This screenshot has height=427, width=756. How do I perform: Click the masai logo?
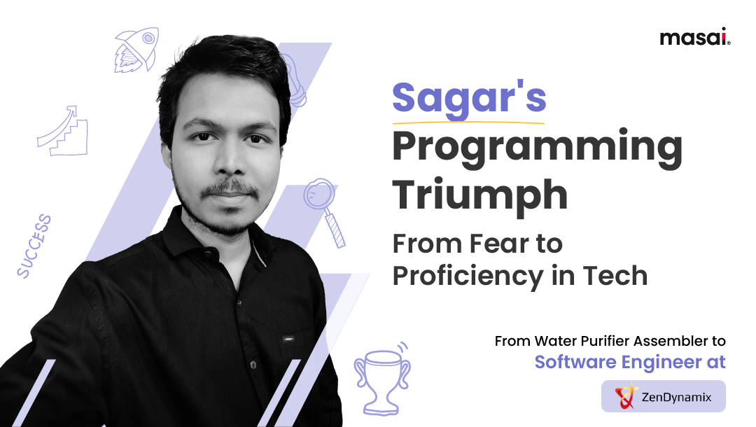694,37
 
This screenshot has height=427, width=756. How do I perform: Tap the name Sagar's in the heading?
468,98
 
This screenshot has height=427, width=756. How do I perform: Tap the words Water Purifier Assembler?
622,342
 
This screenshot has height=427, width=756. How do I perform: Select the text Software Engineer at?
630,362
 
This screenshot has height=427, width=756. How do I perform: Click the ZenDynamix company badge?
664,396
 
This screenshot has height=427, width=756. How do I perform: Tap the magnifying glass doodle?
325,210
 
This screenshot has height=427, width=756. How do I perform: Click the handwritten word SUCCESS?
34,246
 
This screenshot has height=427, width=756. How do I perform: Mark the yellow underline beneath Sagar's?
468,121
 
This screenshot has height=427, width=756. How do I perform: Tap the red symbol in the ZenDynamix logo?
624,396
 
